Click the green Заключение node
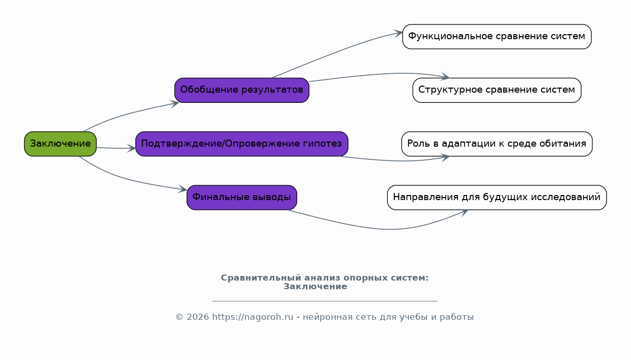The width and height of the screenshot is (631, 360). pyautogui.click(x=60, y=144)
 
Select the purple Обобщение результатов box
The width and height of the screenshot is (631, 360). pyautogui.click(x=242, y=90)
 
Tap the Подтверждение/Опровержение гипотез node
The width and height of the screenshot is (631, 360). pyautogui.click(x=242, y=144)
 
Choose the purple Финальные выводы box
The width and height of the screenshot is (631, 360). pyautogui.click(x=242, y=198)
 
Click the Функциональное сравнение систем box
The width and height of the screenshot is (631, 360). pyautogui.click(x=497, y=37)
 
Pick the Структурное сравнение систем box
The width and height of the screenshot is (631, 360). pyautogui.click(x=497, y=90)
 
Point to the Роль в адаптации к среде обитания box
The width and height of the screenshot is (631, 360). pyautogui.click(x=497, y=144)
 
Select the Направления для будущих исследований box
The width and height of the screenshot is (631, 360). pyautogui.click(x=497, y=198)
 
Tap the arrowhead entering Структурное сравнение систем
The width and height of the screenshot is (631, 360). pyautogui.click(x=446, y=76)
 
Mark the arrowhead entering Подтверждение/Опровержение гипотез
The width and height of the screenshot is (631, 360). pyautogui.click(x=132, y=148)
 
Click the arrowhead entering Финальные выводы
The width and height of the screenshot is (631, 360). pyautogui.click(x=183, y=189)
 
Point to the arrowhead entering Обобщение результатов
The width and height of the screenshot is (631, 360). pyautogui.click(x=175, y=103)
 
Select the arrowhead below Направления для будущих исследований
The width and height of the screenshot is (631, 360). pyautogui.click(x=464, y=212)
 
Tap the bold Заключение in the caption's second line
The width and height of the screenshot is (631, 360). pyautogui.click(x=315, y=286)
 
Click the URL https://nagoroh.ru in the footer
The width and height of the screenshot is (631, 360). pyautogui.click(x=253, y=317)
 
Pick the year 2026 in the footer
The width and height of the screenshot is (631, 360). pyautogui.click(x=198, y=317)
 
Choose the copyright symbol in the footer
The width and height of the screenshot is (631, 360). pyautogui.click(x=180, y=317)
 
